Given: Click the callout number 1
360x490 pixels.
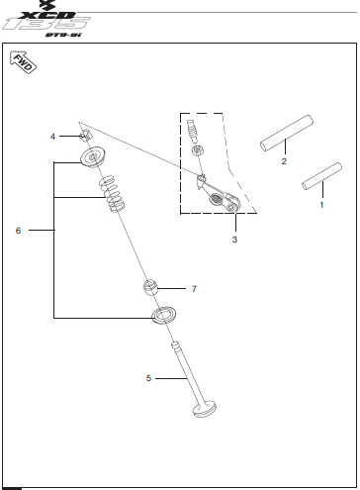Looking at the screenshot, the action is coord(321,205).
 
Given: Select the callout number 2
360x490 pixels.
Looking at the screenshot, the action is coord(284,161).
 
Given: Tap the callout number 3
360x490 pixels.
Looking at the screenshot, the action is coord(234,240).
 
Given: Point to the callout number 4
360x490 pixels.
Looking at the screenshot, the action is coord(52,137).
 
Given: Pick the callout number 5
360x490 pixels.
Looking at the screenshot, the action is coord(148,378).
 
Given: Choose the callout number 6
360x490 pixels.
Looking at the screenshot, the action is coord(18,231).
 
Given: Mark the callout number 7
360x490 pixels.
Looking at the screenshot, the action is coord(194,289).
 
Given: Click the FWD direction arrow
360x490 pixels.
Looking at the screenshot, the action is coord(24,62).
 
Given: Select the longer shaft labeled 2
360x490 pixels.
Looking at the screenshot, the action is coord(287,134).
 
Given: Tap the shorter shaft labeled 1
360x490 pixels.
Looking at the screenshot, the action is coord(321,176).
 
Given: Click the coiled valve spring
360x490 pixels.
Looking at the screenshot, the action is coord(113,194).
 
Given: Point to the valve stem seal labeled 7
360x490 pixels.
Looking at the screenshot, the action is coord(150,287).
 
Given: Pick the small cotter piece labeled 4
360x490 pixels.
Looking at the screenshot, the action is coord(85,136).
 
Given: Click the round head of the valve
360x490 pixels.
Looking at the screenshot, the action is coord(205,409).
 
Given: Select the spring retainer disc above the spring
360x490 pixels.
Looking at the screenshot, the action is coord(93,156).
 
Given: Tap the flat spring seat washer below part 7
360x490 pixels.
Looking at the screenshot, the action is coord(163,315).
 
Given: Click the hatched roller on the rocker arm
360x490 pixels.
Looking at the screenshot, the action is coord(217,199).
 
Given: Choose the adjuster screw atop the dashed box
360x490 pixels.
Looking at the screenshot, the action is coord(192,130).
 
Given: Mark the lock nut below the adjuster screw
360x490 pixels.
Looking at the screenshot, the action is coord(197,151).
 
